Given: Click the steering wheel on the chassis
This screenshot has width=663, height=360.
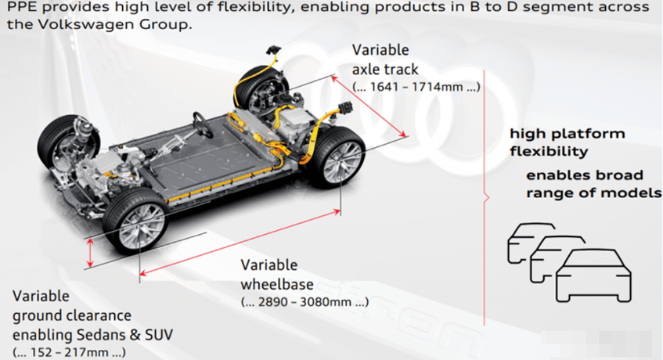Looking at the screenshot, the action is [x=203, y=124].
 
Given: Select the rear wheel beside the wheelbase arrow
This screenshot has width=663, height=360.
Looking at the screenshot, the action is [x=337, y=157].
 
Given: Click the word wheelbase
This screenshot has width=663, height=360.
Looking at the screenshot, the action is [x=277, y=284].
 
